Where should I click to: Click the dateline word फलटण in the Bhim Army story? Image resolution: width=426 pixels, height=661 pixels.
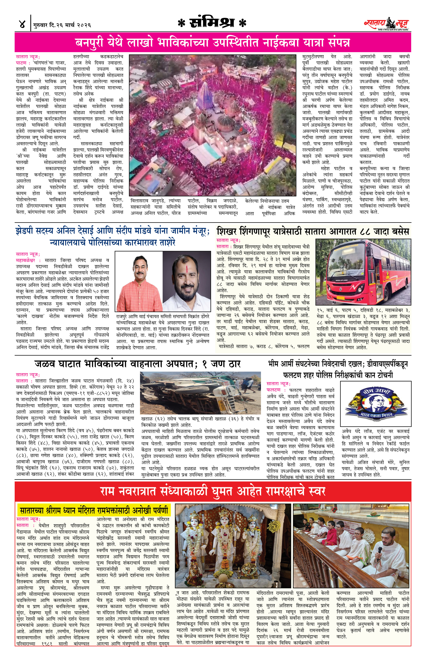[x=273, y=390]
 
